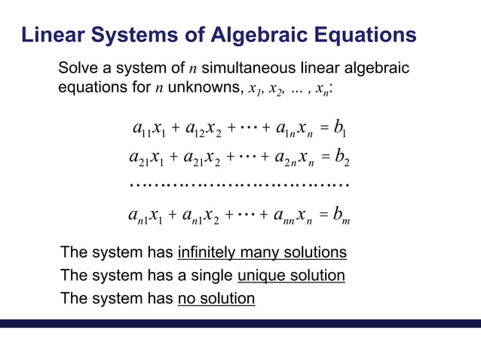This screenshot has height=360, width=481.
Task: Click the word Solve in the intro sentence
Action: (78, 69)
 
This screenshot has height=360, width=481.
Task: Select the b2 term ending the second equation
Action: (341, 158)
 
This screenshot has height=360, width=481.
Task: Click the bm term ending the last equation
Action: (340, 217)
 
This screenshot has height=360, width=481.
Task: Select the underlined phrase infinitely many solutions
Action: (262, 252)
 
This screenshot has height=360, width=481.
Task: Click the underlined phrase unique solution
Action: (291, 275)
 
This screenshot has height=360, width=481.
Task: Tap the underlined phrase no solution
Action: (216, 298)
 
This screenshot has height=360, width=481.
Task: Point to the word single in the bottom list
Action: (212, 275)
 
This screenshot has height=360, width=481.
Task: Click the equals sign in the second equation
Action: (320, 158)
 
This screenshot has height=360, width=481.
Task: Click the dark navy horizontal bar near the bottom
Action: (240, 323)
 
